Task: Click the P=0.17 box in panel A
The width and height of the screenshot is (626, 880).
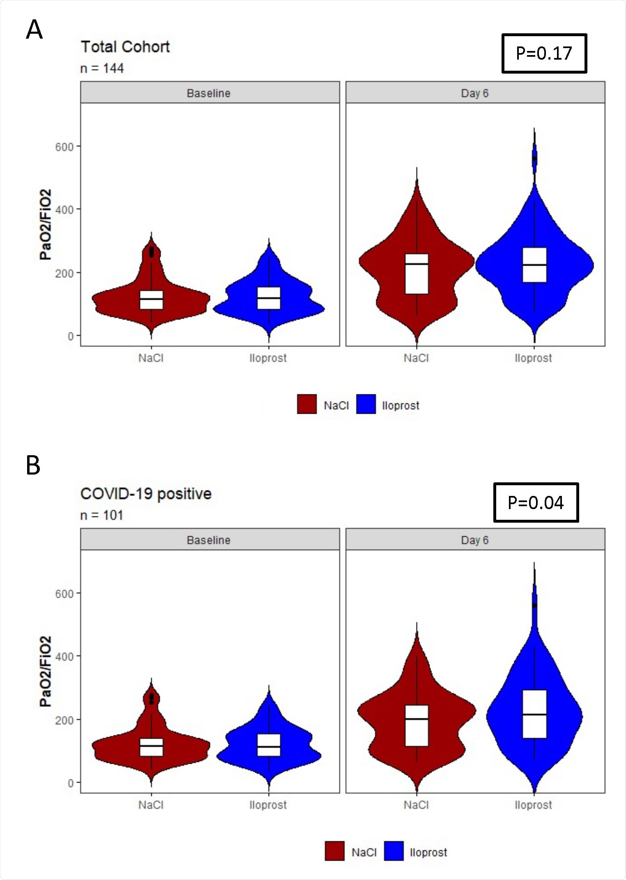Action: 544,53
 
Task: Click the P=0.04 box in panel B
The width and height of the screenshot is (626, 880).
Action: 536,503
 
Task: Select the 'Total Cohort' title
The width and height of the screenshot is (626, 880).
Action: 125,47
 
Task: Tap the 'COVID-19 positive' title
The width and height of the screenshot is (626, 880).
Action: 146,493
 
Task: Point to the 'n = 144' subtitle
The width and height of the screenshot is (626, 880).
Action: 102,68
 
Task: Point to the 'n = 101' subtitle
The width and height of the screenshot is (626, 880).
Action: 101,515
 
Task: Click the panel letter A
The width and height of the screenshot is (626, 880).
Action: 34,30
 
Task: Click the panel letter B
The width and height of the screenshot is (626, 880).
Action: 33,465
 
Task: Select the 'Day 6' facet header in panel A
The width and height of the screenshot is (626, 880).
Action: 475,93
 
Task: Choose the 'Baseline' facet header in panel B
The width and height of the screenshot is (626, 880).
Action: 209,540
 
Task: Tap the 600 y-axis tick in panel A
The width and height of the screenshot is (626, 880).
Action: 64,147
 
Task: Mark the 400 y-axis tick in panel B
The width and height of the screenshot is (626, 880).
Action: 64,657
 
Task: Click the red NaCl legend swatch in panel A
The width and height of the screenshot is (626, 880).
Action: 306,404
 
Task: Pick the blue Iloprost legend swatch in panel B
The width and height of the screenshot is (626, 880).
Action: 394,851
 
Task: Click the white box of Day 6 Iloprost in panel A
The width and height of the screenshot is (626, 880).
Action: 534,265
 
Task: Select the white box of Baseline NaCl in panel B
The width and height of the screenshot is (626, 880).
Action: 151,747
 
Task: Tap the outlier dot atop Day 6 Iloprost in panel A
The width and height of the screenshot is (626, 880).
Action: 534,158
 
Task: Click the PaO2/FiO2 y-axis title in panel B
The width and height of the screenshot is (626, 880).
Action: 46,671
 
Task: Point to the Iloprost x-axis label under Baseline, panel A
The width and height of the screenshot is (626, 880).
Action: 268,358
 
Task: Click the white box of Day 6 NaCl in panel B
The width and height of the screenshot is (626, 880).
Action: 417,726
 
